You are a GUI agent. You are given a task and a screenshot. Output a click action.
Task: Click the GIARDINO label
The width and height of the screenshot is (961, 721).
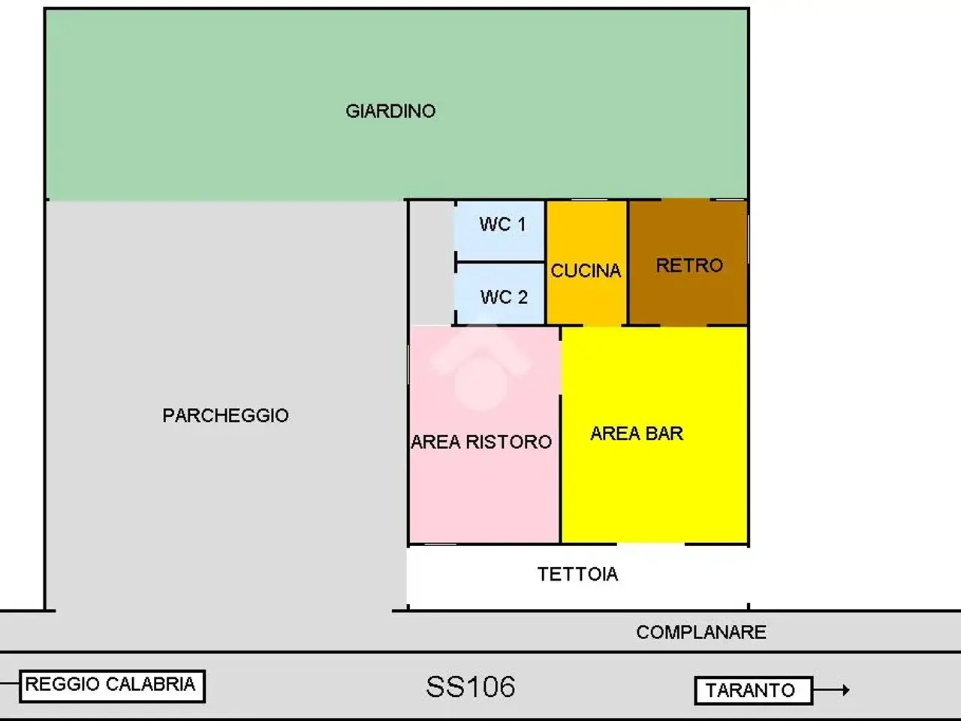tap(390, 111)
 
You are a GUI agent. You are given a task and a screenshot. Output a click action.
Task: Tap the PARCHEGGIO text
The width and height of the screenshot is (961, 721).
tap(225, 415)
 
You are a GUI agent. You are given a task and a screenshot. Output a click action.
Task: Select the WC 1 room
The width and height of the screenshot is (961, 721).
tap(500, 231)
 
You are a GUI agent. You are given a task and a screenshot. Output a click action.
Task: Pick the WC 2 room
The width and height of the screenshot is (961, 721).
tap(500, 294)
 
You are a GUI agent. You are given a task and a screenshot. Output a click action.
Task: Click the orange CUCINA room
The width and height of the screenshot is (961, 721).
tap(586, 263)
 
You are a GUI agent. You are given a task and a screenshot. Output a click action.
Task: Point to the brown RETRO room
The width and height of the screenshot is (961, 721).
tap(688, 263)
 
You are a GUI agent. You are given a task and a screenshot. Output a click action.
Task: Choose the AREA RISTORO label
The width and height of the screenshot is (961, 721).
tap(481, 442)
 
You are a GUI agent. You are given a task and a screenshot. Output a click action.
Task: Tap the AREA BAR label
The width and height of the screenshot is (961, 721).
tap(637, 433)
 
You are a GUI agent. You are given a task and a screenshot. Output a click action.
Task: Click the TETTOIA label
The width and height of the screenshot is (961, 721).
tap(577, 575)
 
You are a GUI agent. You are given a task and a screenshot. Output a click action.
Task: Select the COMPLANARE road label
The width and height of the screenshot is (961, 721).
tap(701, 632)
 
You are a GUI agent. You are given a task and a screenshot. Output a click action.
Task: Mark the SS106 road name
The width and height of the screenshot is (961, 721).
tap(471, 686)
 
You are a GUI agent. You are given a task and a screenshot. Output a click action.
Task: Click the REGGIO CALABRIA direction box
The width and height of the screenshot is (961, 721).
tap(112, 686)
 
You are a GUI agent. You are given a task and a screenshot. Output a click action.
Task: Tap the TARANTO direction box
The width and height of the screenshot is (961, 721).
tap(754, 690)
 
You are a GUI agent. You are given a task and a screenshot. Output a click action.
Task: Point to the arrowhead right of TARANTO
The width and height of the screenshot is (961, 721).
tap(846, 690)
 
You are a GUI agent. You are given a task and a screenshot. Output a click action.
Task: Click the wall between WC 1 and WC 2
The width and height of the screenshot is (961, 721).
tap(500, 262)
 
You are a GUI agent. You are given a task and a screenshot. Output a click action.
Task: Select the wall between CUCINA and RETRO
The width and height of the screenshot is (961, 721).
tap(628, 263)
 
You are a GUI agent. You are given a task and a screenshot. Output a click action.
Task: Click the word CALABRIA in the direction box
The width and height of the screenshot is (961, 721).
tap(150, 684)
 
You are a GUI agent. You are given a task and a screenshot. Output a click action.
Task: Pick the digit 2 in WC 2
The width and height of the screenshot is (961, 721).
tap(523, 297)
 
